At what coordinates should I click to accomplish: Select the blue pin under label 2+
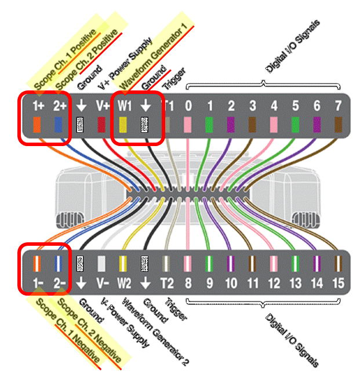(58, 125)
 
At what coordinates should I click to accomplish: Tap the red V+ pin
(102, 125)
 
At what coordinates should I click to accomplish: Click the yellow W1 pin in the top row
(123, 125)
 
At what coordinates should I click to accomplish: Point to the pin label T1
(167, 107)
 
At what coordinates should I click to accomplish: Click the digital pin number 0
(188, 107)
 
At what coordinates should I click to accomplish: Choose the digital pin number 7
(338, 107)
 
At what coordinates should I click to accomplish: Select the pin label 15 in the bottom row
(338, 283)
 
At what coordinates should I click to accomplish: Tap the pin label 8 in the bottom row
(188, 283)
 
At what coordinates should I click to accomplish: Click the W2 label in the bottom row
(123, 283)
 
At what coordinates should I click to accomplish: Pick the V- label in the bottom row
(102, 283)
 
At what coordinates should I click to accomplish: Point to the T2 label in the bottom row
(167, 283)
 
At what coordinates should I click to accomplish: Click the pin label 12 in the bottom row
(274, 283)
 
